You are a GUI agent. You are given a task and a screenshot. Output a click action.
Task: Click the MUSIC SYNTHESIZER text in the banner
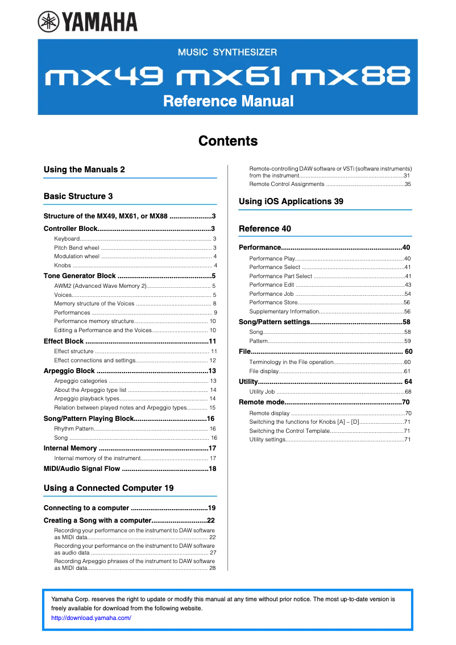click(227, 52)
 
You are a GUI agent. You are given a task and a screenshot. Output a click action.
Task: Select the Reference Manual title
click(228, 101)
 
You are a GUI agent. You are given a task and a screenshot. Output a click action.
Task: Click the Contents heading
click(228, 140)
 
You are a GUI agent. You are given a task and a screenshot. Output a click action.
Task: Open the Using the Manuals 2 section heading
click(84, 169)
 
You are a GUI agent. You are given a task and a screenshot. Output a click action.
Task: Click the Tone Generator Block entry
click(80, 276)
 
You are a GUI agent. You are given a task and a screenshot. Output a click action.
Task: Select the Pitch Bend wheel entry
click(77, 248)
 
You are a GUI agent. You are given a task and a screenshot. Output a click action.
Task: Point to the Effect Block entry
click(64, 341)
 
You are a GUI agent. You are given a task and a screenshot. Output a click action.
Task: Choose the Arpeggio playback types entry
click(86, 399)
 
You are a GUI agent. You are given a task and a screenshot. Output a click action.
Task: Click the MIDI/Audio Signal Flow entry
click(82, 469)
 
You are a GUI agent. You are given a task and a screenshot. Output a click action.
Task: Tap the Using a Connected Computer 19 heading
click(109, 488)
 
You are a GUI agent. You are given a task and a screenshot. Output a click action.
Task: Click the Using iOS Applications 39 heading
click(291, 201)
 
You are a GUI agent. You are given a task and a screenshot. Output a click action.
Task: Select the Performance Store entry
click(273, 303)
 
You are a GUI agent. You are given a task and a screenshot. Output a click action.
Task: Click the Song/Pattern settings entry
click(274, 322)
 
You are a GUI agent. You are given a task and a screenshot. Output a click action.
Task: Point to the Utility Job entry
click(262, 392)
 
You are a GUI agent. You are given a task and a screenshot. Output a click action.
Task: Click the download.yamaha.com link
click(91, 618)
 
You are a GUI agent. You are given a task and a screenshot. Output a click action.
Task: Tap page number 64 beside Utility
click(408, 382)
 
